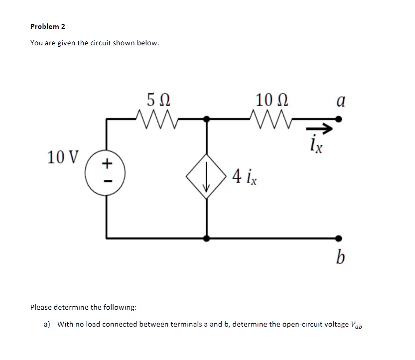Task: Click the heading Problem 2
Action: pyautogui.click(x=48, y=26)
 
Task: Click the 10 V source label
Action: pyautogui.click(x=63, y=157)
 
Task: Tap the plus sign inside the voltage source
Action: pyautogui.click(x=105, y=163)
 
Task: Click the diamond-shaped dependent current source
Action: pyautogui.click(x=207, y=176)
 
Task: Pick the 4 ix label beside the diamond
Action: pyautogui.click(x=245, y=176)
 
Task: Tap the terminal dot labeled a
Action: pyautogui.click(x=339, y=119)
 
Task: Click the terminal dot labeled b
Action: pyautogui.click(x=339, y=238)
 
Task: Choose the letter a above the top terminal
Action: pyautogui.click(x=341, y=102)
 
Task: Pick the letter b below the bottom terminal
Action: pyautogui.click(x=340, y=258)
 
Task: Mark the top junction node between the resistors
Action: pyautogui.click(x=207, y=119)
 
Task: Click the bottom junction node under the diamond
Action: pyautogui.click(x=207, y=238)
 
